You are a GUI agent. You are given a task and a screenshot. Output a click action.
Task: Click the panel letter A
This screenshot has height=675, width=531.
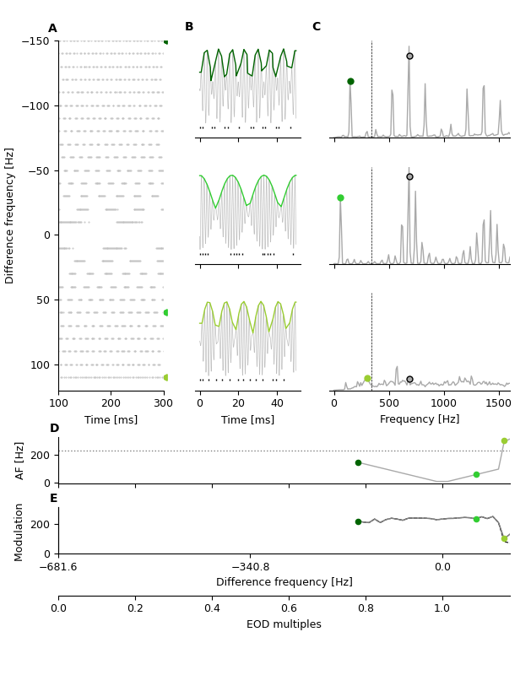(52, 29)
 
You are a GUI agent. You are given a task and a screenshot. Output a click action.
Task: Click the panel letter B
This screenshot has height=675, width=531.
(189, 27)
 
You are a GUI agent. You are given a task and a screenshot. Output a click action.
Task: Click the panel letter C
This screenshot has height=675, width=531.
(317, 27)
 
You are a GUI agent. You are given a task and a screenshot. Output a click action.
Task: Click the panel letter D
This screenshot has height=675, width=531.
(54, 429)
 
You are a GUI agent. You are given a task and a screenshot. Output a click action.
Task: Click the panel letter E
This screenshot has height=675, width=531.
(54, 499)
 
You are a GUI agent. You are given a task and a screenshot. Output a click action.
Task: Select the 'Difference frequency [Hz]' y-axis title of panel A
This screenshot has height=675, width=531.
(10, 215)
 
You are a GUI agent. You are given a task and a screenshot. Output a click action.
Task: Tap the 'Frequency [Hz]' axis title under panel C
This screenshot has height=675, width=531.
(420, 419)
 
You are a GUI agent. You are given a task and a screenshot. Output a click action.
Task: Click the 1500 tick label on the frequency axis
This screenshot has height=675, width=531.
(498, 403)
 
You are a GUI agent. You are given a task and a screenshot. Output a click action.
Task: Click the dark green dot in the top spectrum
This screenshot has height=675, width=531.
(350, 82)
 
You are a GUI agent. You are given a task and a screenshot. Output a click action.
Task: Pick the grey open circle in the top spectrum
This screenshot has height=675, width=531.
(409, 57)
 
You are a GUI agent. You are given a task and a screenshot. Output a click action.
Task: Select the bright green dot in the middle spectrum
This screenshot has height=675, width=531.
(340, 198)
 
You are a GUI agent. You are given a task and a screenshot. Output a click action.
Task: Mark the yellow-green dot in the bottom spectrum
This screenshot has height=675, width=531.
(367, 379)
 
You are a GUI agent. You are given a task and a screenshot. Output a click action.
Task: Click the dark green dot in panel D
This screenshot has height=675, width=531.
(358, 462)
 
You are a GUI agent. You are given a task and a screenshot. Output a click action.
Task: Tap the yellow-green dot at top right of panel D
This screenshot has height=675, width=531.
(504, 441)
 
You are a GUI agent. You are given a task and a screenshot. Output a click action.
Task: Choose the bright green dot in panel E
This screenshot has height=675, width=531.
(476, 519)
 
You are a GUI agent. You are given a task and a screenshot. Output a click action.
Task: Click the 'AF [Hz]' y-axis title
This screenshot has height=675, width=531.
(20, 461)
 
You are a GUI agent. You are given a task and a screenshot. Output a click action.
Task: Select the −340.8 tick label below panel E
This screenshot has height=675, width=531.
(250, 567)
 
